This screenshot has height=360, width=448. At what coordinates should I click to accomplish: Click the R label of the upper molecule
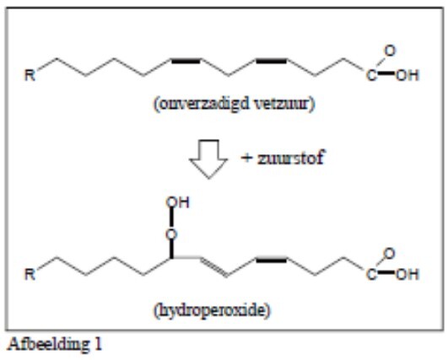tap(30, 75)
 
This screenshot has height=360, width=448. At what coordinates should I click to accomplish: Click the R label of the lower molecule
tap(30, 274)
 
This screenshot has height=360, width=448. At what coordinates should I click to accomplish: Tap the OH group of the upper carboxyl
tap(408, 75)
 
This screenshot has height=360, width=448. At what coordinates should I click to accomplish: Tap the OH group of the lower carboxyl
tap(408, 274)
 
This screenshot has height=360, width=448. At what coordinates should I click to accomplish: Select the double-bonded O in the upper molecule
tap(390, 51)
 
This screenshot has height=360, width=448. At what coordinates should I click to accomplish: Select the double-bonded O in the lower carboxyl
tap(390, 254)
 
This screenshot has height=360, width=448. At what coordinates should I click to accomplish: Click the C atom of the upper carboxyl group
tap(371, 76)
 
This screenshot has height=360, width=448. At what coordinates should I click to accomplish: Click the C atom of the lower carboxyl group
tap(371, 275)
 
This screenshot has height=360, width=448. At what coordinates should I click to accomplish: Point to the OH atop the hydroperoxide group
tap(177, 202)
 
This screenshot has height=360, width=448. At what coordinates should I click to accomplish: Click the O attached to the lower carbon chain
tap(171, 234)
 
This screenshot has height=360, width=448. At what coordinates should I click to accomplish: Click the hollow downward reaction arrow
tap(208, 159)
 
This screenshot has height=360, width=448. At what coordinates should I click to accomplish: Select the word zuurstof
tap(291, 158)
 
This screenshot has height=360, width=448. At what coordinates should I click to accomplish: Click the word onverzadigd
tap(203, 104)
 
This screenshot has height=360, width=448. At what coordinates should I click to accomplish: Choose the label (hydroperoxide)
tap(212, 309)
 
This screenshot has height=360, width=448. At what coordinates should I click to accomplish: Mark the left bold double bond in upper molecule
tap(186, 61)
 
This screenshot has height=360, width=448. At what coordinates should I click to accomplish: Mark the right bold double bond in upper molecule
tap(271, 61)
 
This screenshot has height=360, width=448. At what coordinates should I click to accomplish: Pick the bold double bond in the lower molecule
tap(271, 260)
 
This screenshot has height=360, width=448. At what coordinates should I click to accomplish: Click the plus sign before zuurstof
tap(246, 158)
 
